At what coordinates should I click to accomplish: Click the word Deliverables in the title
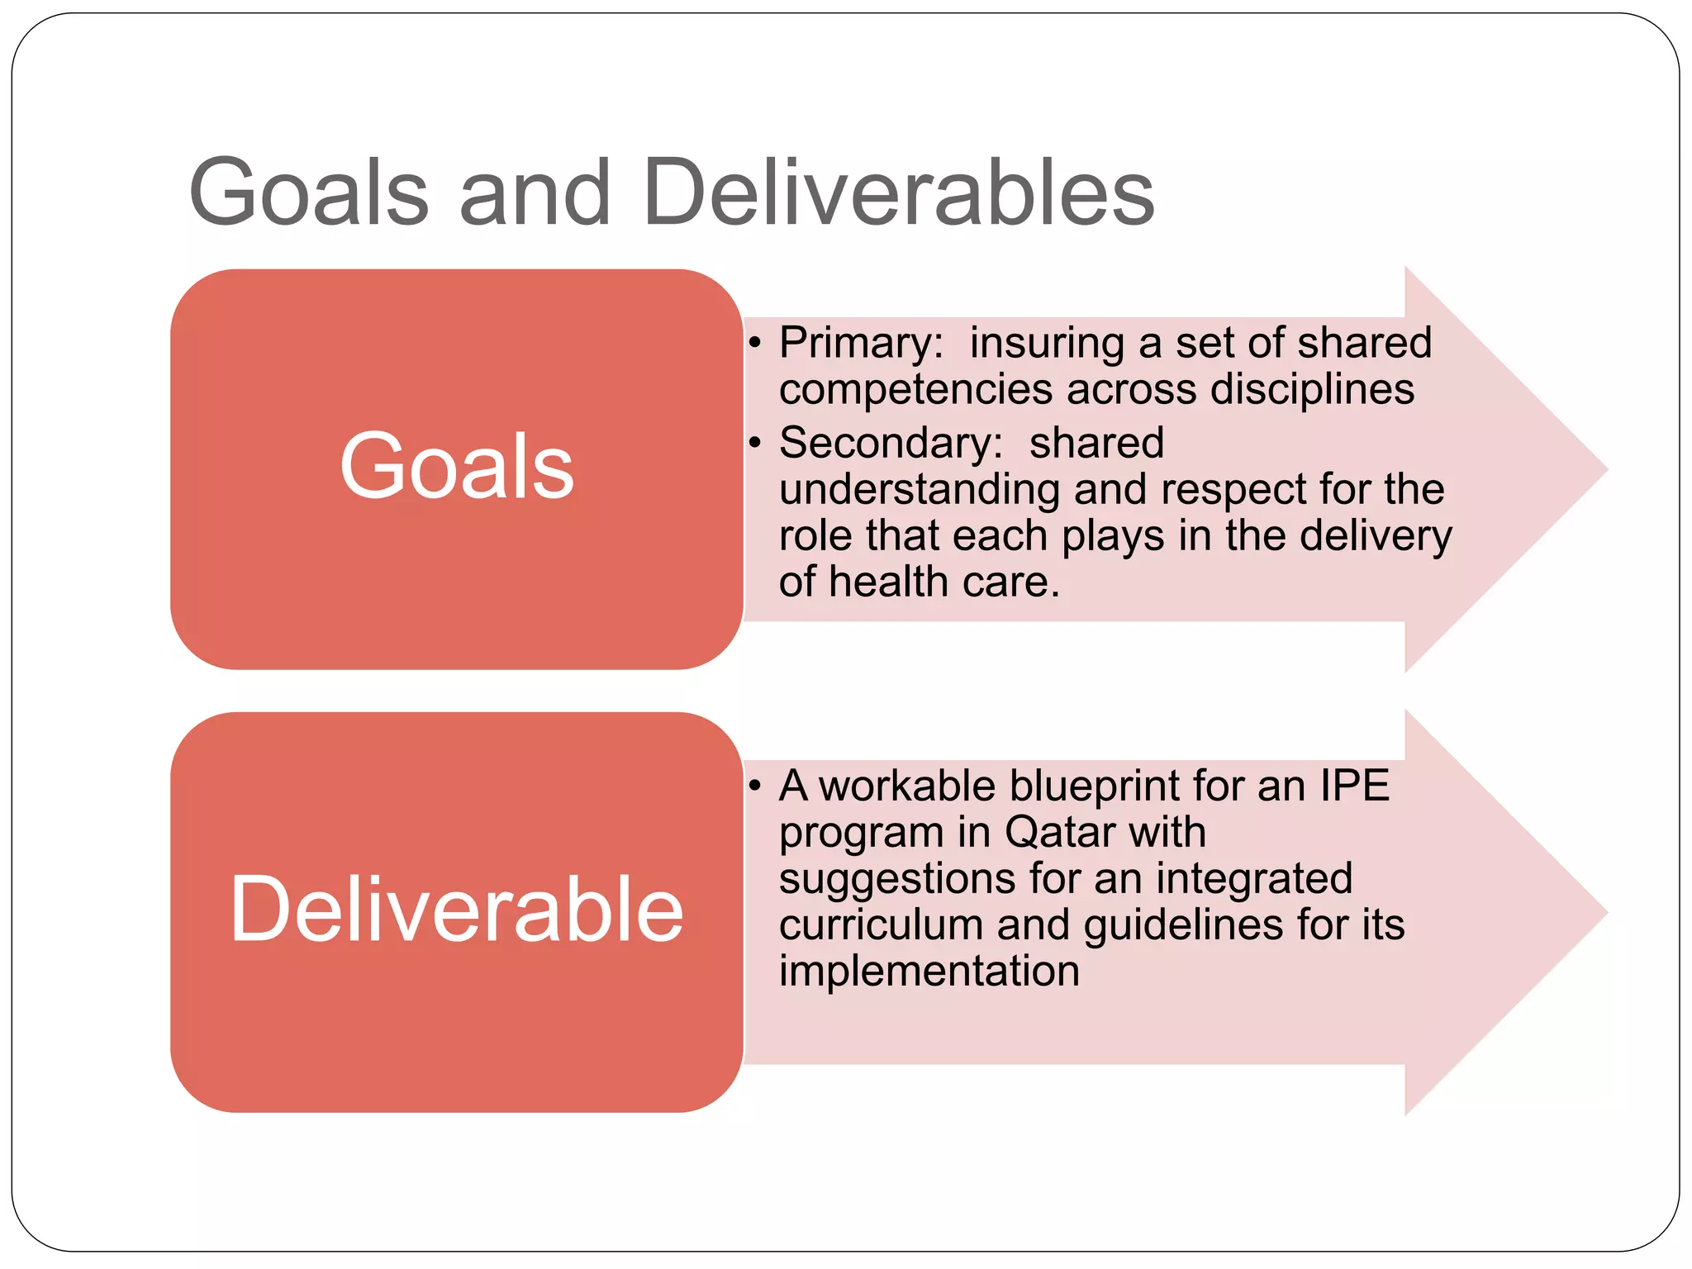[898, 192]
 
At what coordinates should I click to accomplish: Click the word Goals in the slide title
[309, 192]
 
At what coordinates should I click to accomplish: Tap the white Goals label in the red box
[457, 467]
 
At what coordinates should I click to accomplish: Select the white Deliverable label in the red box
[457, 909]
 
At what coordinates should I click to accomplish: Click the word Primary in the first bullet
[860, 343]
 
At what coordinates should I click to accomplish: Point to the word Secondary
[890, 443]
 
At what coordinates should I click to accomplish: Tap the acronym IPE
[1354, 786]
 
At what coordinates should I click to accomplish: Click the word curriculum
[881, 924]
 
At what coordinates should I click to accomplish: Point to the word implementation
[929, 971]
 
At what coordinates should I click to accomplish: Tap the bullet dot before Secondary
[754, 443]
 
